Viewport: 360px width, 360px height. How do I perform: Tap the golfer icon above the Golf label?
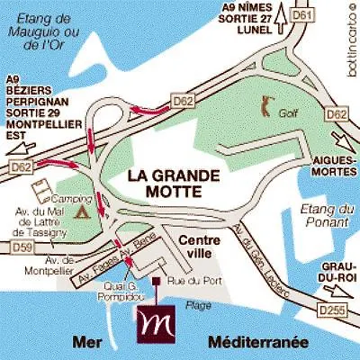pyautogui.click(x=267, y=105)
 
